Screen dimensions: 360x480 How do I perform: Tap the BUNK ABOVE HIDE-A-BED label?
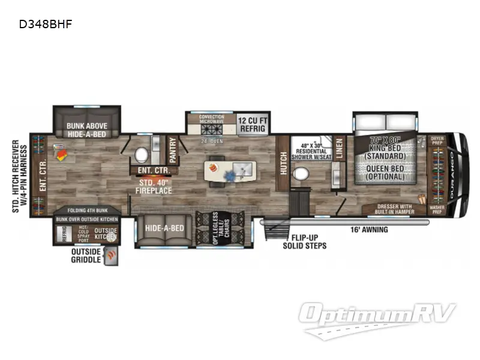pos(88,130)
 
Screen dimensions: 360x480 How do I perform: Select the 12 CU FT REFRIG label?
pos(253,124)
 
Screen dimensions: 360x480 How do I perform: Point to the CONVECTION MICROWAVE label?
pos(211,120)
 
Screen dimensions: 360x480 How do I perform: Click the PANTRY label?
pos(173,150)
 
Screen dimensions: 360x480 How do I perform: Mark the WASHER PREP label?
pos(437,211)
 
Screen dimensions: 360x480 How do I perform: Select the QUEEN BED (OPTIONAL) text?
pos(384,172)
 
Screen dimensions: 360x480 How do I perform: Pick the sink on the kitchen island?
pos(232,165)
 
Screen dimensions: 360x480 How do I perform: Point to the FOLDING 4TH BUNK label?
pos(86,211)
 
